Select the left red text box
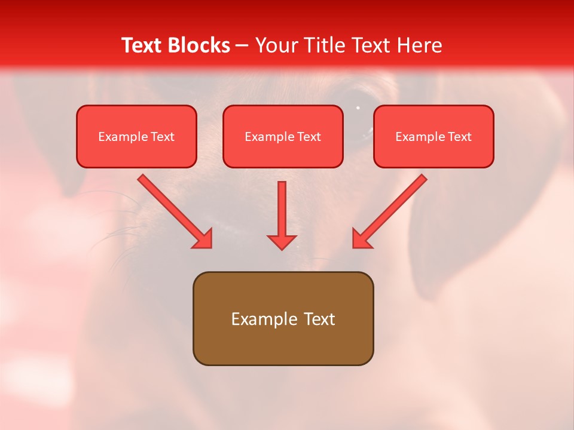pyautogui.click(x=136, y=136)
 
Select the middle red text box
pyautogui.click(x=283, y=136)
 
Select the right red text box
pyautogui.click(x=433, y=136)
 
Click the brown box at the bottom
pyautogui.click(x=283, y=318)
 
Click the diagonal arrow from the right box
pyautogui.click(x=390, y=211)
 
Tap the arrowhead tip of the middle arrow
pyautogui.click(x=282, y=248)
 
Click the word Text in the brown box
pyautogui.click(x=320, y=319)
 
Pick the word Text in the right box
pyautogui.click(x=460, y=137)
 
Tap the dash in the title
pyautogui.click(x=242, y=45)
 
